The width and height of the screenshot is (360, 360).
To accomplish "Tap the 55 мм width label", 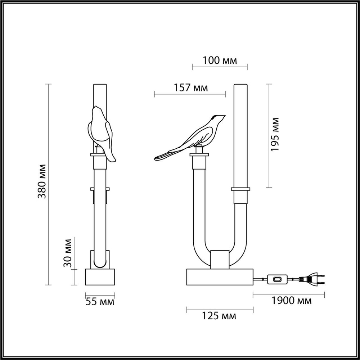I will pos(100,302).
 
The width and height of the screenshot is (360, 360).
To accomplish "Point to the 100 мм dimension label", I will pos(220,60).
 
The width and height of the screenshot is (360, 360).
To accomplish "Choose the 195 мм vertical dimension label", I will pos(275,134).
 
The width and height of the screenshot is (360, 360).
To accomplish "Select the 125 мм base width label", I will pos(219,316).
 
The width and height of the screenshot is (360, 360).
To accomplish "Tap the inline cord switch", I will pos(278,279).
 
